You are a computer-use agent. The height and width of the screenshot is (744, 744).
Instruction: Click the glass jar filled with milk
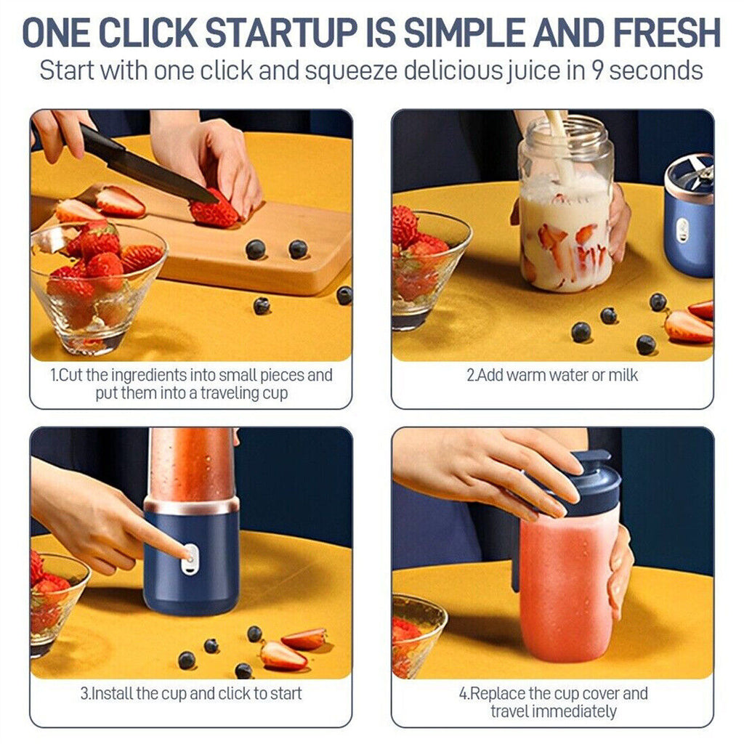tap(565, 218)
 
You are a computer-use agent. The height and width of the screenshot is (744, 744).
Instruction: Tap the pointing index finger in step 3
tap(156, 534)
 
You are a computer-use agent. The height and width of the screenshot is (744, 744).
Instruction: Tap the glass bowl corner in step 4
tap(417, 632)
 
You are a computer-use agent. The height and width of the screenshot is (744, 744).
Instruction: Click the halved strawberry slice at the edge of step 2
tap(687, 327)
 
